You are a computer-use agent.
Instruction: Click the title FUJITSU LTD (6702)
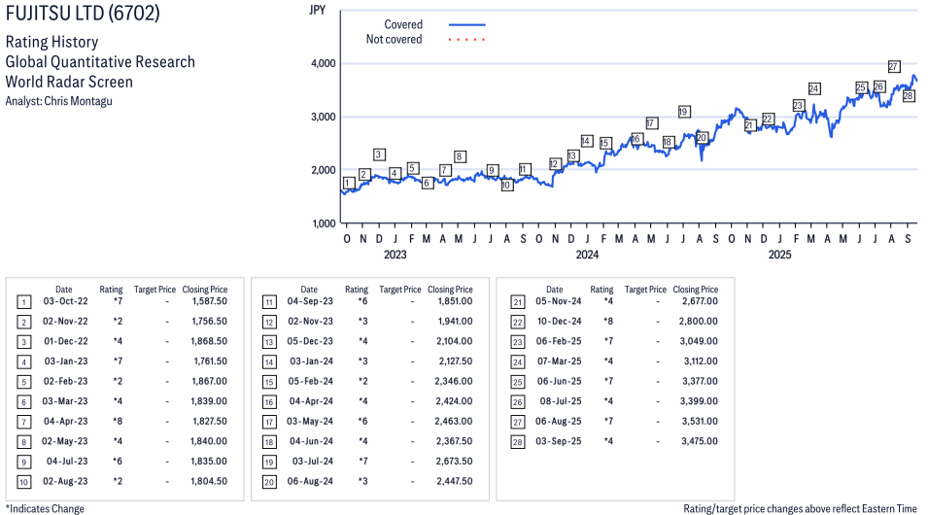83,14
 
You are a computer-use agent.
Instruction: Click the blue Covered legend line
466,24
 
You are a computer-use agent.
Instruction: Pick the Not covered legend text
394,40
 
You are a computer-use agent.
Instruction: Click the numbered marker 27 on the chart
894,67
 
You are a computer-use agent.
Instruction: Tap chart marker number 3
379,154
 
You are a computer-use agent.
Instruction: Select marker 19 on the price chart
684,112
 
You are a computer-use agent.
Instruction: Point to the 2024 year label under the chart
586,255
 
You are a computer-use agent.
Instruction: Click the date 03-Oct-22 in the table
64,301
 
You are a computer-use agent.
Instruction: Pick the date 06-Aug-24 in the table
310,481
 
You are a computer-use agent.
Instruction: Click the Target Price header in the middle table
400,290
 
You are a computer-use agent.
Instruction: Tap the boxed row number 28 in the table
517,441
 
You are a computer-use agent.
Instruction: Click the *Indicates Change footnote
45,508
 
